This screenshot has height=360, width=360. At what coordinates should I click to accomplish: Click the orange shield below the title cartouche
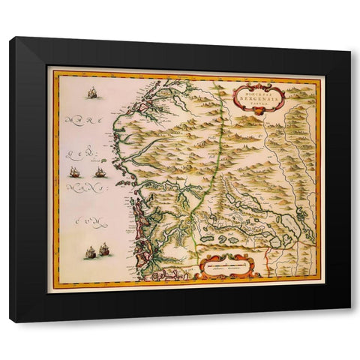pos(260,113)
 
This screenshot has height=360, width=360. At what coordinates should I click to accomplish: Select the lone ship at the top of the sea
pos(93,93)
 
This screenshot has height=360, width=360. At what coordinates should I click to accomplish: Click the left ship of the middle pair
pos(75,171)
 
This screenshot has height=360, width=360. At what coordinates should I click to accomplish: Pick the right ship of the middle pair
pos(100,172)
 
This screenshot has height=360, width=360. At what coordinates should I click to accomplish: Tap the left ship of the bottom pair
pos(89,252)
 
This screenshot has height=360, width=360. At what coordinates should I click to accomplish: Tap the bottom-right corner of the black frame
pos(349,321)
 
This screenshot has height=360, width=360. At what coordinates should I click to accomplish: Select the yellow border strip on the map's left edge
pos(53,180)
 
